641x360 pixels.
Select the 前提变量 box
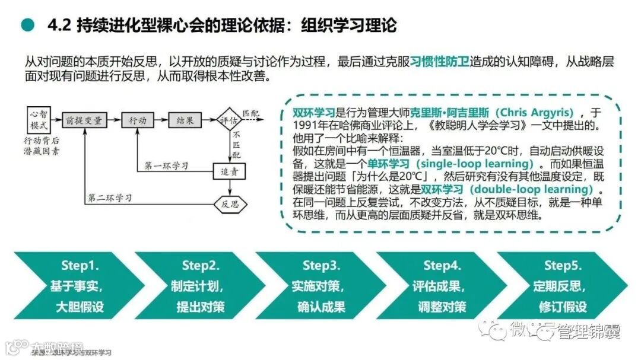[83, 120]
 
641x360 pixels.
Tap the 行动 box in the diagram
[138, 120]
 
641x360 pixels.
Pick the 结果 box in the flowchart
[185, 120]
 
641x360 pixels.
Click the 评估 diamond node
[229, 120]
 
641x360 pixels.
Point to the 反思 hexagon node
[229, 204]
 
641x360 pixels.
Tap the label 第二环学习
[110, 196]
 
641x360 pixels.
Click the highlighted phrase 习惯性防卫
[439, 61]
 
